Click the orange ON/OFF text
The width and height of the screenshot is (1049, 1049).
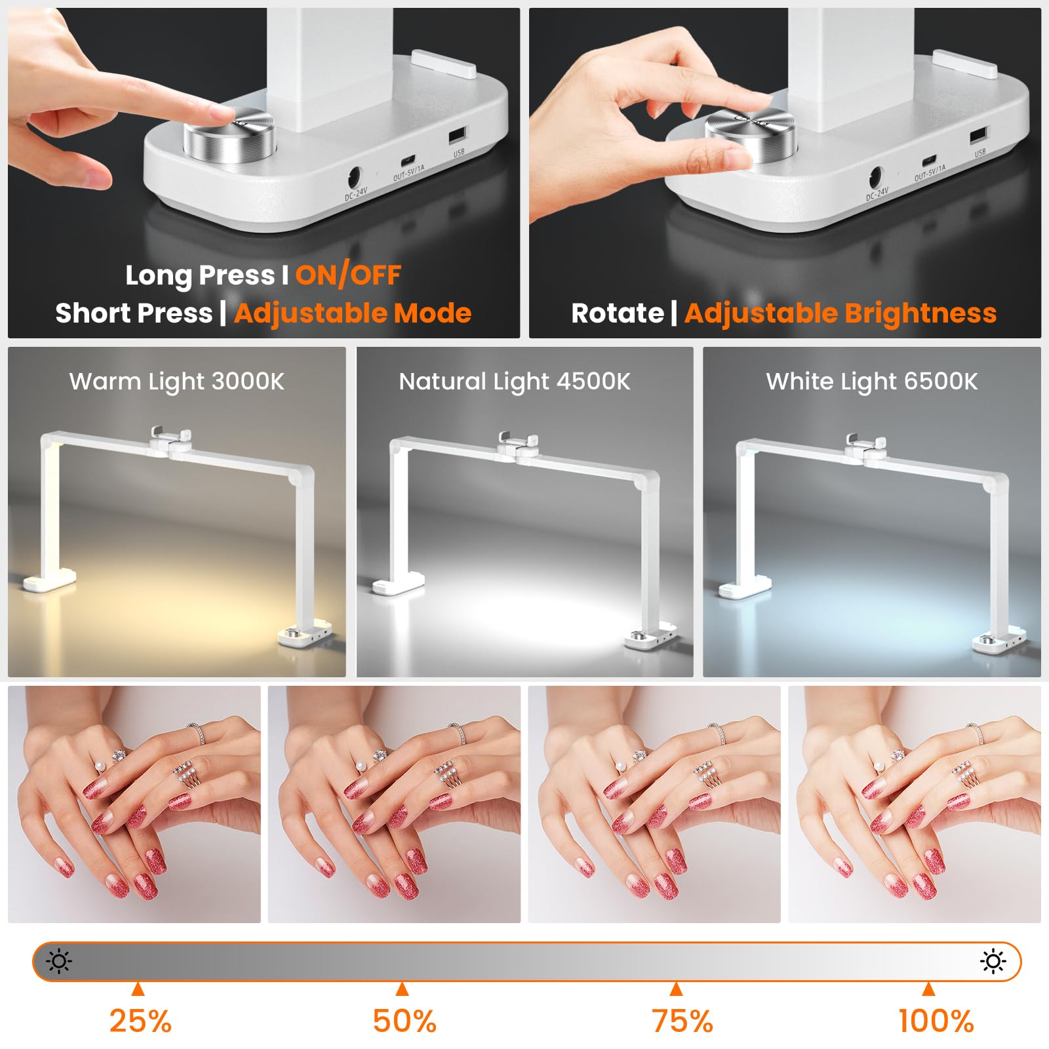(348, 275)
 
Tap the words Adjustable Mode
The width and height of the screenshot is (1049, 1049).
(353, 313)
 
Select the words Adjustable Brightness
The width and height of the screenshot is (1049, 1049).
(841, 313)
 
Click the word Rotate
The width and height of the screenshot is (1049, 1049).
(618, 313)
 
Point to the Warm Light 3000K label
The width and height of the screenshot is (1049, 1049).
(177, 382)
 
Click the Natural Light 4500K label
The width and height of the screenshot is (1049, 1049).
(515, 382)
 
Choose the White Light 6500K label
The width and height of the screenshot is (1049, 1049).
(872, 382)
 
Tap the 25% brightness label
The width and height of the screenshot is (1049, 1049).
(140, 1021)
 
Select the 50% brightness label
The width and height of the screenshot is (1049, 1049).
(405, 1021)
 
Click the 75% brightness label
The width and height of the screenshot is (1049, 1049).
(683, 1021)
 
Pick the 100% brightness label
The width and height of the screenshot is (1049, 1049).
(936, 1021)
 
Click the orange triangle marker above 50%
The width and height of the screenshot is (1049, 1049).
(403, 989)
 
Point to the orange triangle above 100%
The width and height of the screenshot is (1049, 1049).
(928, 989)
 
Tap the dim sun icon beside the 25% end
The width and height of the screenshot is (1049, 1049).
(59, 962)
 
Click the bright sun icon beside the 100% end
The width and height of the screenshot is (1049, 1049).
(993, 962)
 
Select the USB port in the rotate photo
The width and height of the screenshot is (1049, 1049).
(978, 136)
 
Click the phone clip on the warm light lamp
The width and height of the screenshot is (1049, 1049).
(170, 437)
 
